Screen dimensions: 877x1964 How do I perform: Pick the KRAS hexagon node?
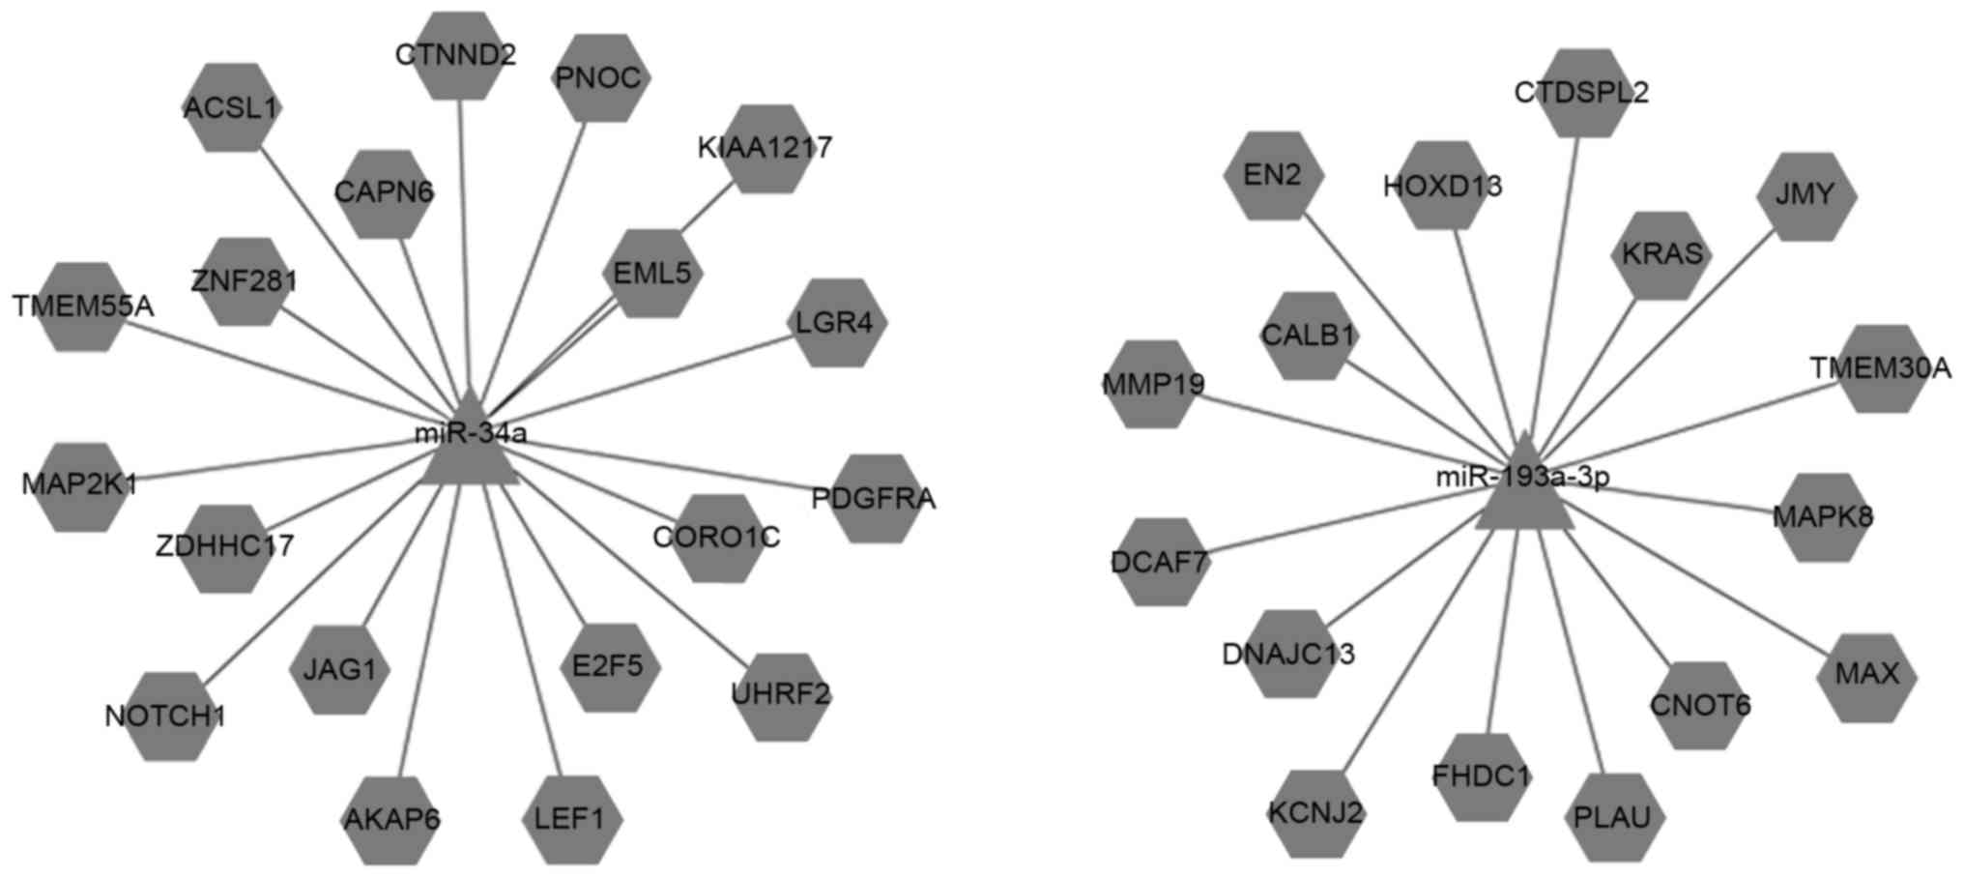pos(1661,255)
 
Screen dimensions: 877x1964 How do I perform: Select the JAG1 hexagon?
pos(339,669)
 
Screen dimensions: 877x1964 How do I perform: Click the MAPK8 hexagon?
pos(1822,517)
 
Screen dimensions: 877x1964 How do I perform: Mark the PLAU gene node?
pos(1613,818)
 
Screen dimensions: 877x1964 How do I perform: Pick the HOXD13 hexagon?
pos(1443,186)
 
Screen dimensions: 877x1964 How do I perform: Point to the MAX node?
pos(1866,675)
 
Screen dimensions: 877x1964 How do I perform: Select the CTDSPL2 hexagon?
pos(1581,94)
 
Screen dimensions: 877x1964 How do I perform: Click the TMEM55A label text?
pos(83,307)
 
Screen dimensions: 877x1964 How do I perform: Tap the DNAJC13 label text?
pos(1288,655)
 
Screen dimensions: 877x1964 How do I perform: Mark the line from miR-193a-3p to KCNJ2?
pos(1421,648)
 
